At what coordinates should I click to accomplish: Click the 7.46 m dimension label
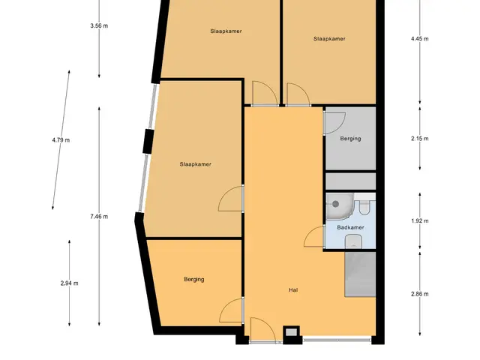click(x=99, y=217)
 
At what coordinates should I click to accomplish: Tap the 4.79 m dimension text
click(x=61, y=140)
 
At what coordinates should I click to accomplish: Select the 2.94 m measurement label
click(x=69, y=283)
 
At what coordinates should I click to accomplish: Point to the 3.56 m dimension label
click(x=99, y=25)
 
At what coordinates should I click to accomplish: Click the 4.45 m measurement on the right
click(x=420, y=39)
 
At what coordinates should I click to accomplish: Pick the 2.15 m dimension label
click(x=420, y=139)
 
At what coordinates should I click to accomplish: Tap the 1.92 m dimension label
click(x=420, y=221)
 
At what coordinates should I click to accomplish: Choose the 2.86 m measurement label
click(x=420, y=294)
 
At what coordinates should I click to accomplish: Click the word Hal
click(x=293, y=290)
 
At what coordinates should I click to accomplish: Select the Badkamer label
click(x=350, y=227)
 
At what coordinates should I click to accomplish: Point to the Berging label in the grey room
click(x=350, y=139)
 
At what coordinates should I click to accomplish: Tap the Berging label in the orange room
click(x=194, y=280)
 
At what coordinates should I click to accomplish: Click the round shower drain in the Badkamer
click(x=336, y=204)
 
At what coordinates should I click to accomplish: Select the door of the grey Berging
click(x=335, y=123)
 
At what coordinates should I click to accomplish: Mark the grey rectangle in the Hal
click(x=360, y=274)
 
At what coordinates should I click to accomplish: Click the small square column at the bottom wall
click(x=291, y=333)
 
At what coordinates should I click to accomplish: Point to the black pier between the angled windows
click(x=148, y=141)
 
